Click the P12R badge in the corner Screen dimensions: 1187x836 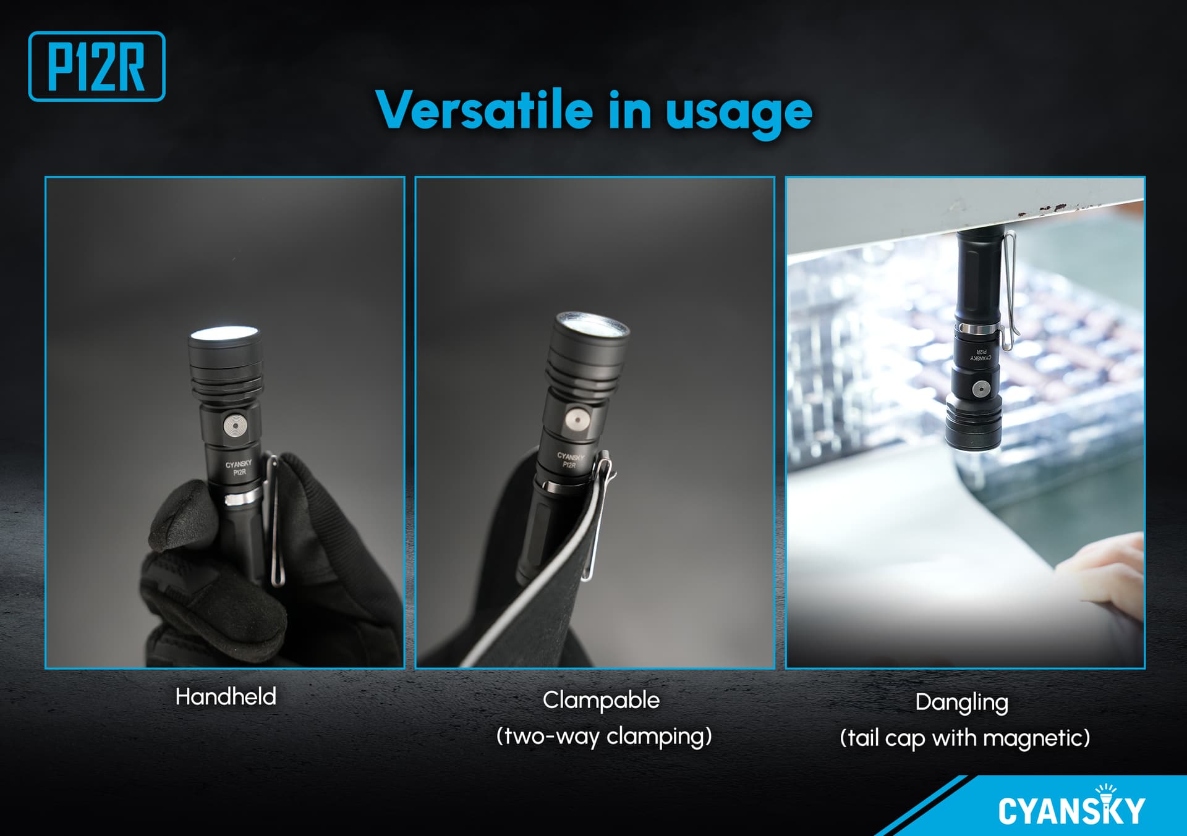(x=96, y=66)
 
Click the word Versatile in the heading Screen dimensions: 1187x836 (x=484, y=110)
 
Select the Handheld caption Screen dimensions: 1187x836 (x=226, y=696)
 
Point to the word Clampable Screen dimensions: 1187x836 (x=601, y=700)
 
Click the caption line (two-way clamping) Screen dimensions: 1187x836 (x=604, y=736)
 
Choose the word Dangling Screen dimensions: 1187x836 (x=961, y=703)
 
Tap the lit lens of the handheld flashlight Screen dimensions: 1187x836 (x=224, y=333)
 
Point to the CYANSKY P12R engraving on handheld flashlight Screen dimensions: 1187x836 (x=239, y=468)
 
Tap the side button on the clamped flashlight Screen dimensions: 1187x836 (x=576, y=420)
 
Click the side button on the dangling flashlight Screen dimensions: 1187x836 (x=981, y=389)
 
